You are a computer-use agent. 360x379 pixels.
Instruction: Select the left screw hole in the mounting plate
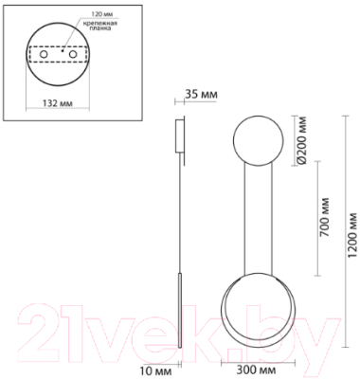point(42,58)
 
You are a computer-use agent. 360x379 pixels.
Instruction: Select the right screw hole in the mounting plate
point(73,58)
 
